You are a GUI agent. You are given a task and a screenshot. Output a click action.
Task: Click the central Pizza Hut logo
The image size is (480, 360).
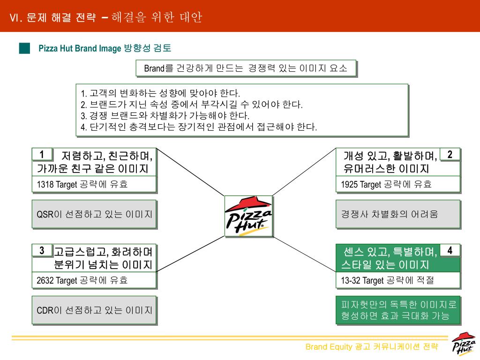[248, 216]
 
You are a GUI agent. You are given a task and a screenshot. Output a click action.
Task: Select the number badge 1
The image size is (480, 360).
[42, 155]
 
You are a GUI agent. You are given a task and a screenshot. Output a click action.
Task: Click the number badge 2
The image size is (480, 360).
[450, 154]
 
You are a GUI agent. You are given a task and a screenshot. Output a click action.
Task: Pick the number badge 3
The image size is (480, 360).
[42, 251]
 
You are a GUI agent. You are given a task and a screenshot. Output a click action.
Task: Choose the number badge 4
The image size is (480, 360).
[450, 250]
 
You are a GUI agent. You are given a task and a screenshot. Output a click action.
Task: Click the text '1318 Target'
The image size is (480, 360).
[57, 185]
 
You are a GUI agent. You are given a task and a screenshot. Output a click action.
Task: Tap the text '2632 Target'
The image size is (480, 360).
[57, 281]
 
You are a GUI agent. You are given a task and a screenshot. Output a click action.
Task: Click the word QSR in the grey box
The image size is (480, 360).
[45, 215]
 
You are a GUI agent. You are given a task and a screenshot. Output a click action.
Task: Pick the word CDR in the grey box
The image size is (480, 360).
[45, 310]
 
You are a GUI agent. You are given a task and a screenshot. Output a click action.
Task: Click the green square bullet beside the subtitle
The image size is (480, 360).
[25, 48]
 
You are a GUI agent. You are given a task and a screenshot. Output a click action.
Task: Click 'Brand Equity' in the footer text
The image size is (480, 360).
[329, 347]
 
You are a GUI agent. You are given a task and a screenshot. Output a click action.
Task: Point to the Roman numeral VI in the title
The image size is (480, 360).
[17, 18]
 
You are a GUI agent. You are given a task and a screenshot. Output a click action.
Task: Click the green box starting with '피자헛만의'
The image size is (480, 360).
[397, 310]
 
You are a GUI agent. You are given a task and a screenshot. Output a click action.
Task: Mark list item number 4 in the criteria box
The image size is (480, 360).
[199, 127]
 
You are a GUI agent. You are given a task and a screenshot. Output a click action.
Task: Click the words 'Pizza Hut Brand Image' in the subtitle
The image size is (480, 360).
[80, 48]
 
